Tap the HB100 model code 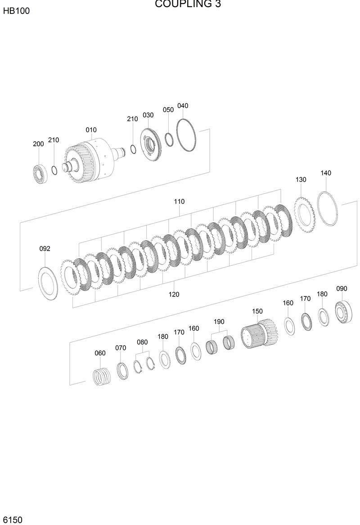pyautogui.click(x=16, y=11)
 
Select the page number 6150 pyautogui.click(x=12, y=520)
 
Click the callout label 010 pyautogui.click(x=91, y=130)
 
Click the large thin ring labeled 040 pyautogui.click(x=185, y=135)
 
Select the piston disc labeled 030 pyautogui.click(x=151, y=144)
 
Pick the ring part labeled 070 pyautogui.click(x=121, y=370)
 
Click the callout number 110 pyautogui.click(x=179, y=202)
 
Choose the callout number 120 pyautogui.click(x=174, y=294)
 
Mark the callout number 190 pyautogui.click(x=219, y=322)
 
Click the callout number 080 pyautogui.click(x=142, y=342)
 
